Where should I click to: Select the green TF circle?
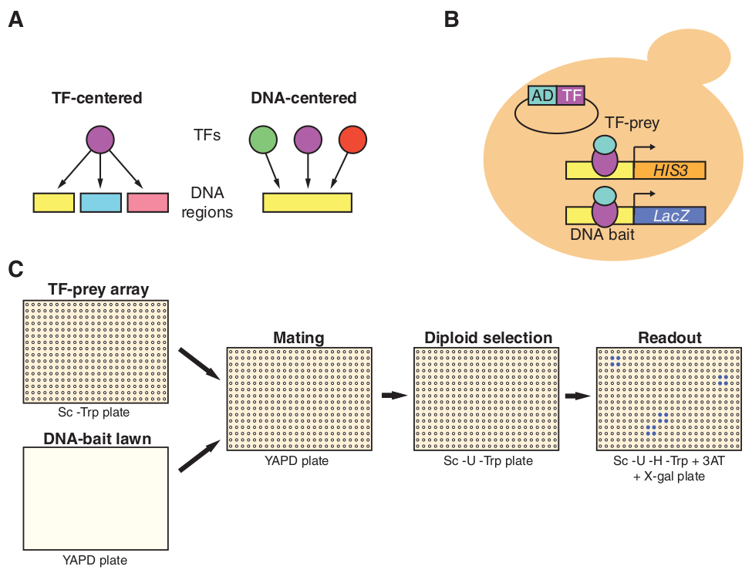click(263, 140)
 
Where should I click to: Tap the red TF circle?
click(352, 140)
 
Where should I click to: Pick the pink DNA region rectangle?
click(147, 202)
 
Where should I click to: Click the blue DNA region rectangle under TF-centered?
click(100, 202)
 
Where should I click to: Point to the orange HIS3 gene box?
click(669, 170)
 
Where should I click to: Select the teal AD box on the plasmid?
click(542, 95)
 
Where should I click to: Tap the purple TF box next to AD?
click(571, 95)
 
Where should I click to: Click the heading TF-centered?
click(97, 98)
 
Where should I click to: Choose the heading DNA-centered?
click(304, 98)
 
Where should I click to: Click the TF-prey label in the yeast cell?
click(632, 121)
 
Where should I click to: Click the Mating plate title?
click(299, 338)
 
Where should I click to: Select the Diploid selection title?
click(488, 338)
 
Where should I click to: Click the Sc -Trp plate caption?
click(96, 412)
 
